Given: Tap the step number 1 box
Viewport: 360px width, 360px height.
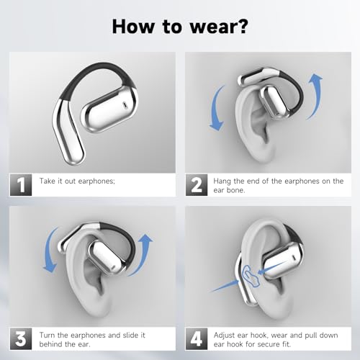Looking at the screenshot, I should [x=21, y=185].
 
